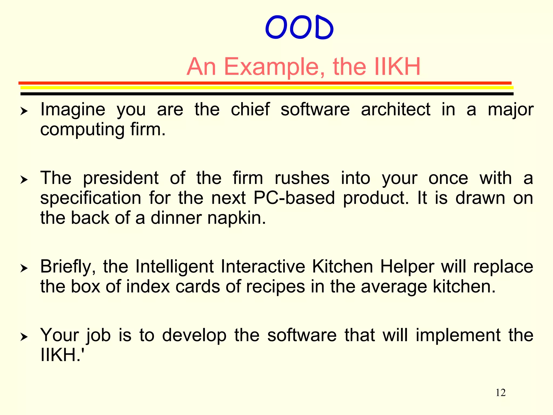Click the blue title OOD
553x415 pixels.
[299, 28]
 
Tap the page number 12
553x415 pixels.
[500, 393]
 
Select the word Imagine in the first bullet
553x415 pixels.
[73, 110]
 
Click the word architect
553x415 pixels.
[396, 110]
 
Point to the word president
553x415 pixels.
[120, 179]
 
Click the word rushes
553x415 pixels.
[302, 178]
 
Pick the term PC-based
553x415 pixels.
[294, 198]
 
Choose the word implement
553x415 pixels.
[458, 335]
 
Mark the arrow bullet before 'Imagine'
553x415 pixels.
[24, 111]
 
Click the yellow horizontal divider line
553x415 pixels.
[267, 88]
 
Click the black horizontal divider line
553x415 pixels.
[267, 94]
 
